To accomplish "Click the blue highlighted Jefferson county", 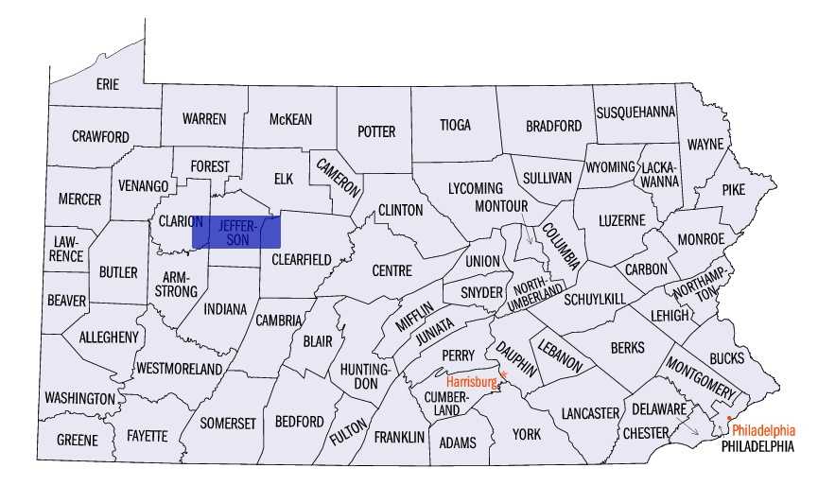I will [x=236, y=232].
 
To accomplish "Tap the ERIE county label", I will [x=108, y=84].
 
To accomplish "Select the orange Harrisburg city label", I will [x=471, y=382].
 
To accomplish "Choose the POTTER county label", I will [x=375, y=131].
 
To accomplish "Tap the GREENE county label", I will [x=77, y=441].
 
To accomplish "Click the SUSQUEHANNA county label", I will [x=635, y=112].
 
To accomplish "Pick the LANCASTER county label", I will [x=589, y=413].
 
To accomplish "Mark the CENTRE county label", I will [x=392, y=270].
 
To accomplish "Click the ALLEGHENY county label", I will [x=109, y=337].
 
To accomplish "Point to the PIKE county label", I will [x=733, y=189].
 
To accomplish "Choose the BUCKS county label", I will [x=726, y=358].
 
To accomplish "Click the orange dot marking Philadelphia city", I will [x=730, y=419].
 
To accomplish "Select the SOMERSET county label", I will [x=227, y=424].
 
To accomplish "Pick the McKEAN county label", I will [x=290, y=119].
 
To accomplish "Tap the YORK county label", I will [x=526, y=434].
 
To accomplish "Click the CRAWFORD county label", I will [x=100, y=137].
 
